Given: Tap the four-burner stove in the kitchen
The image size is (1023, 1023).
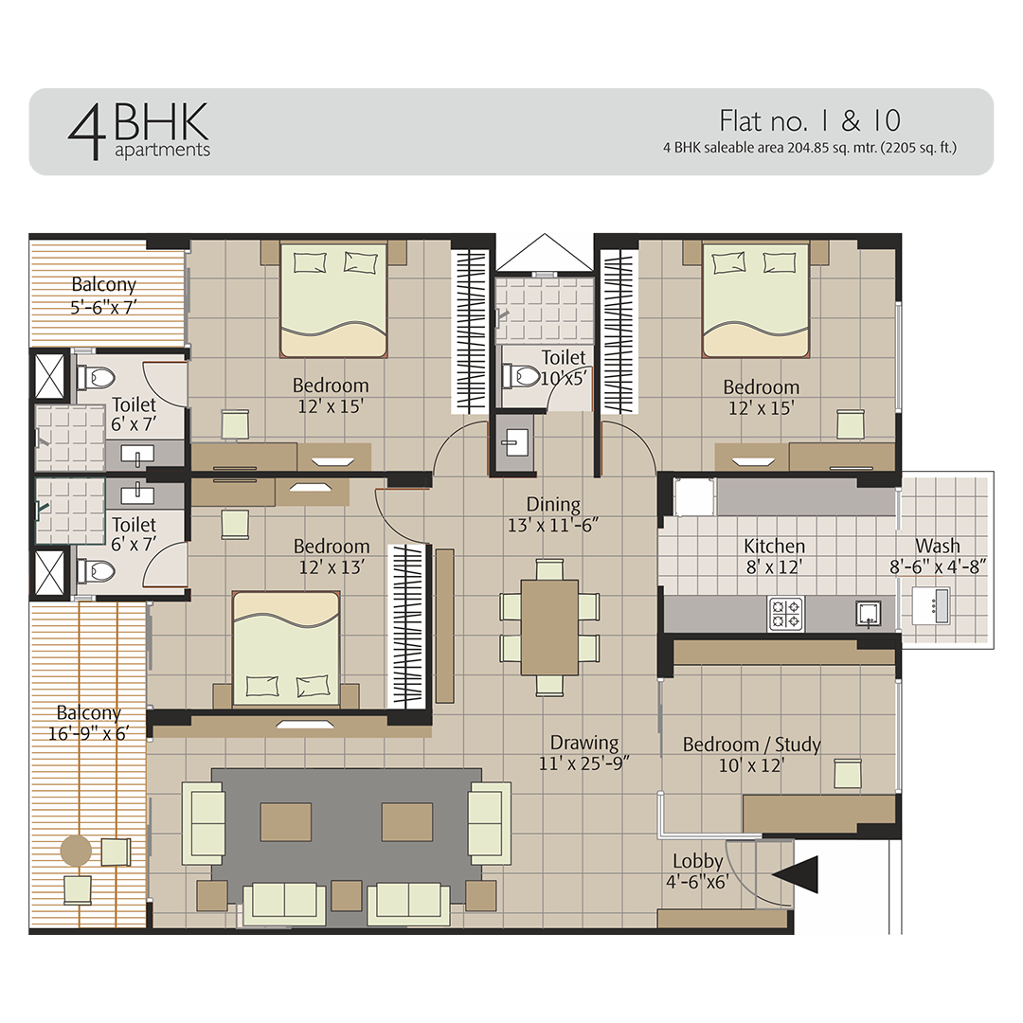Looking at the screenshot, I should pos(784,614).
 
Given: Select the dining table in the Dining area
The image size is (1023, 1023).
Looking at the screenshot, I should pos(549,627).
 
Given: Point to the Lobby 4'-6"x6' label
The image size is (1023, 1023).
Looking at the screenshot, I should pos(698,871).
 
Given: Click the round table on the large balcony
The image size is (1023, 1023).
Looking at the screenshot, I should pos(76,850).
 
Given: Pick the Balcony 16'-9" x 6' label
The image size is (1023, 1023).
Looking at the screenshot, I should pos(88,723).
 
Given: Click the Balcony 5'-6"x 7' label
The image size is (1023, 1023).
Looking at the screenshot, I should pos(104,295).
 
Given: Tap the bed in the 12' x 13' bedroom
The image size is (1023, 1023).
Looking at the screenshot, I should pos(286,649).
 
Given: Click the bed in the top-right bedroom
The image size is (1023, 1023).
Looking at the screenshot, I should pos(755,299).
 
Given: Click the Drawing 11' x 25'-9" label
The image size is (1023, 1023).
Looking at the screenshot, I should pos(584,753).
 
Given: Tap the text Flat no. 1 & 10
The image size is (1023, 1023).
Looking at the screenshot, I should pos(809,120).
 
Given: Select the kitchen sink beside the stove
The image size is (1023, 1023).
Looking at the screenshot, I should pos(868,612).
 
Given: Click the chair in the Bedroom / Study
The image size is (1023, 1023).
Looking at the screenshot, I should pos(847,774).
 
